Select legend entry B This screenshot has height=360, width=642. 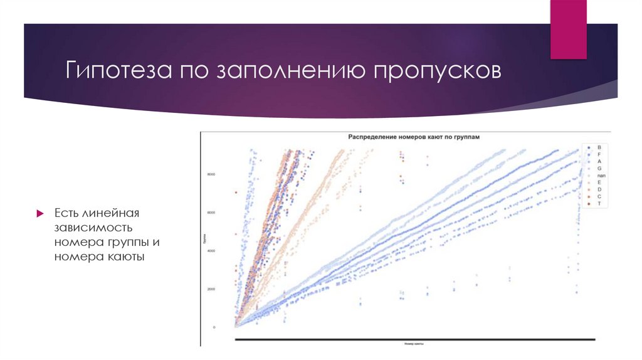point(599,147)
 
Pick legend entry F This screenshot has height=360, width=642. point(599,154)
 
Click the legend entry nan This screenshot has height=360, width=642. point(600,176)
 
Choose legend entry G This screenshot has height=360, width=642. point(599,169)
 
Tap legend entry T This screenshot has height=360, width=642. point(599,204)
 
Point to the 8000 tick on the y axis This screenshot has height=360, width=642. point(212,174)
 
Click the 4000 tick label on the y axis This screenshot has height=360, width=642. point(212,251)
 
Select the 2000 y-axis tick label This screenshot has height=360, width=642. point(212,289)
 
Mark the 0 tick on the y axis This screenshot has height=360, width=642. point(214,327)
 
